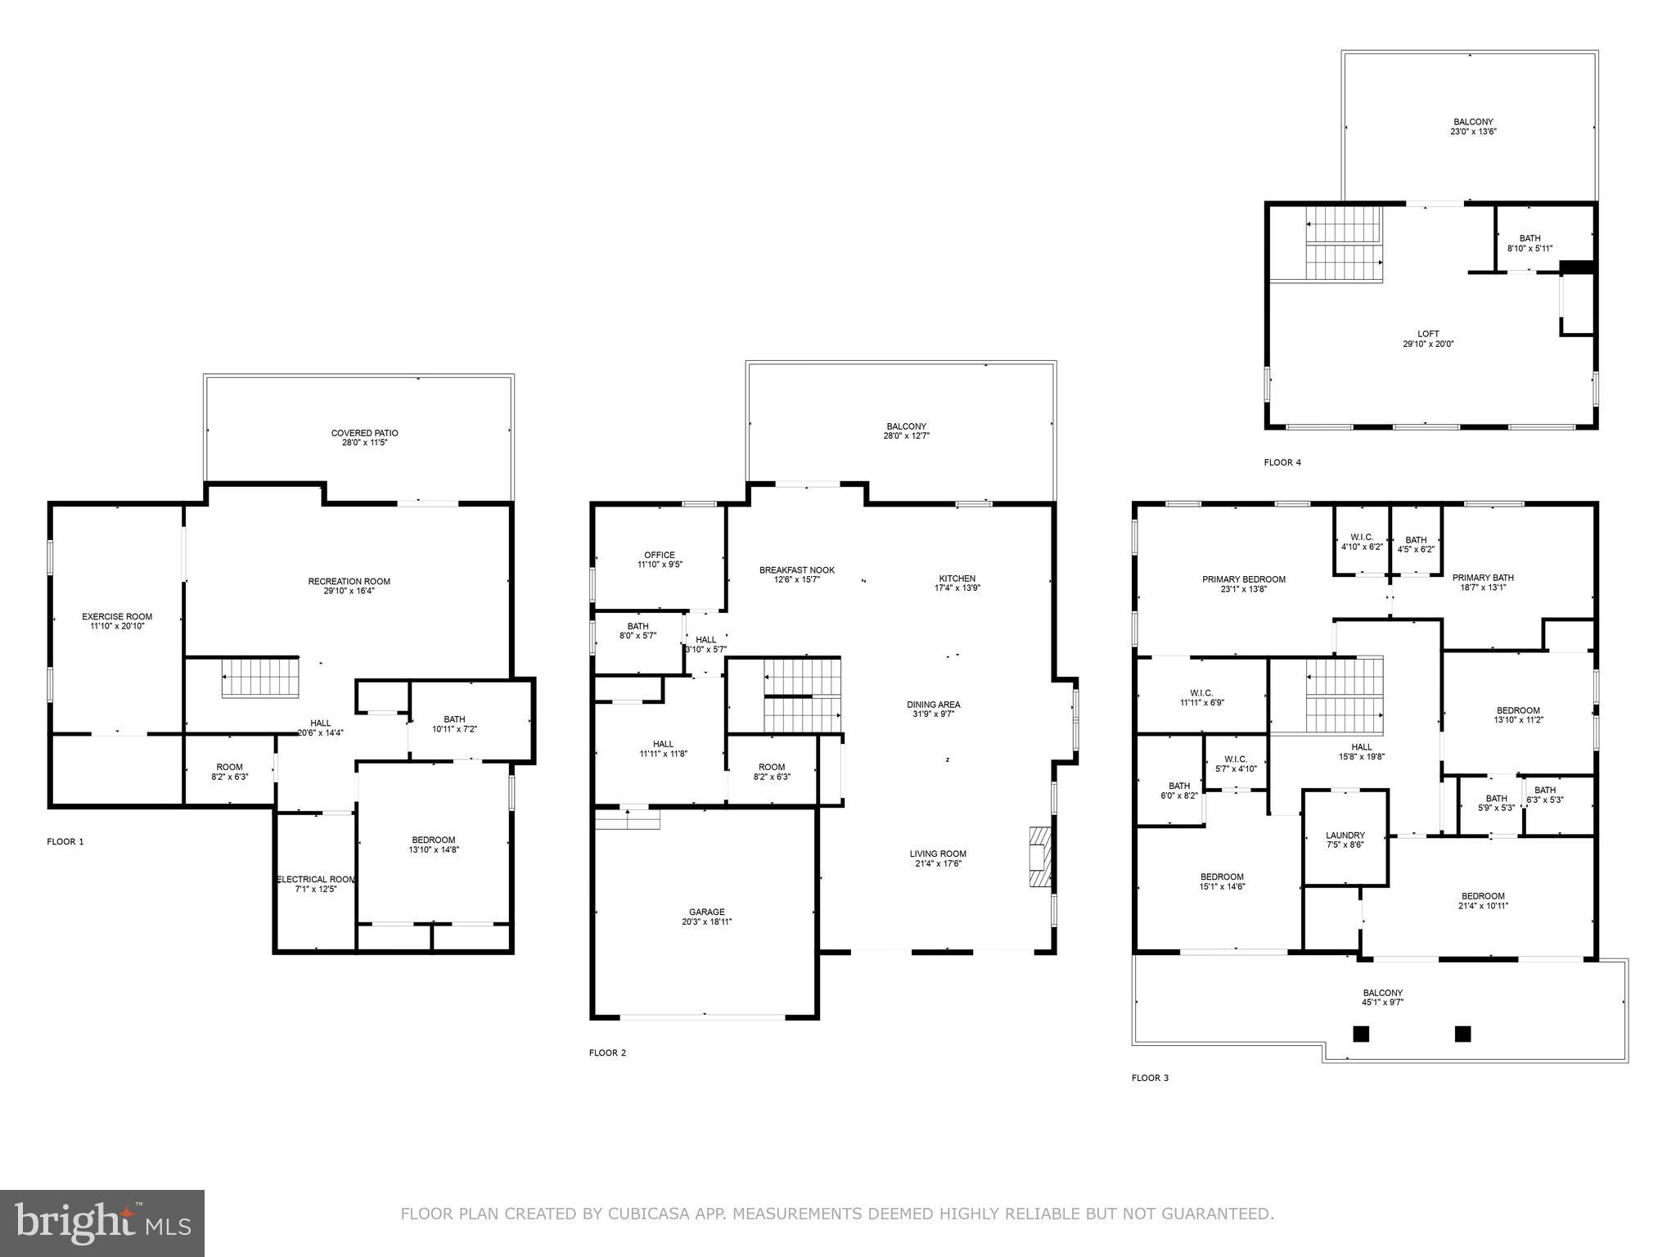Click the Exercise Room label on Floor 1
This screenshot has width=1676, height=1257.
tap(117, 617)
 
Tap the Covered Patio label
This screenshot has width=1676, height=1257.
tap(364, 433)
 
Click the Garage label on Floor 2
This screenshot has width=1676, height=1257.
tap(706, 912)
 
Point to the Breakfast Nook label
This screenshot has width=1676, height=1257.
tap(796, 570)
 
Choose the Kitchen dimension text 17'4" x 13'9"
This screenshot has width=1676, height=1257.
tap(957, 588)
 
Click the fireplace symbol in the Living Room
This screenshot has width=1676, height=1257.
tap(1038, 857)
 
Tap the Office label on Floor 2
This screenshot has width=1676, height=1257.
tap(659, 555)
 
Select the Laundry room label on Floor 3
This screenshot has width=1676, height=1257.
tap(1345, 836)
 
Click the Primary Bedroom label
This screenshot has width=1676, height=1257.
tap(1243, 579)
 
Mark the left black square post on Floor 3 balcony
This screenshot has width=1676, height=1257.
tap(1360, 1034)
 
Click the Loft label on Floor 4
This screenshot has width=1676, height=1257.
tap(1428, 334)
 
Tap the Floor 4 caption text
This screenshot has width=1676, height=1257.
tap(1282, 462)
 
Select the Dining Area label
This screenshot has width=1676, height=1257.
tap(933, 705)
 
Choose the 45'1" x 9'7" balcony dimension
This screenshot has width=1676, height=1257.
tap(1382, 1002)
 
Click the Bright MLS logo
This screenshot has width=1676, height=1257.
tap(102, 1223)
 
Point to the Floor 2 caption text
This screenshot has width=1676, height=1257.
tap(607, 1052)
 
